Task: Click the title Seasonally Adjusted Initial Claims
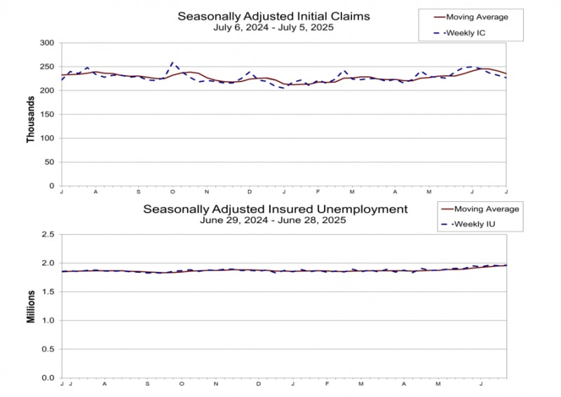pyautogui.click(x=273, y=15)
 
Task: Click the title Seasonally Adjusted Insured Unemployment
pyautogui.click(x=275, y=209)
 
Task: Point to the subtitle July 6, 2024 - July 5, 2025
pyautogui.click(x=273, y=27)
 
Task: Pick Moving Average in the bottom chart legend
pyautogui.click(x=486, y=209)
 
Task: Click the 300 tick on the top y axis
pyautogui.click(x=46, y=43)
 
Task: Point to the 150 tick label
pyautogui.click(x=46, y=114)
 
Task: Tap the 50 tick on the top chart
pyautogui.click(x=48, y=162)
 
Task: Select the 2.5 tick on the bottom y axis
pyautogui.click(x=47, y=235)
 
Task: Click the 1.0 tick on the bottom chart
pyautogui.click(x=47, y=321)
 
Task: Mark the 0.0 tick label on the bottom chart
pyautogui.click(x=47, y=378)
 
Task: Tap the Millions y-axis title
pyautogui.click(x=31, y=307)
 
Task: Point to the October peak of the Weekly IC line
pyautogui.click(x=173, y=62)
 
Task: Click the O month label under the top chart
pyautogui.click(x=173, y=191)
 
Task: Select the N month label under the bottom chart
pyautogui.click(x=217, y=384)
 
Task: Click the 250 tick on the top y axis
pyautogui.click(x=46, y=67)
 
